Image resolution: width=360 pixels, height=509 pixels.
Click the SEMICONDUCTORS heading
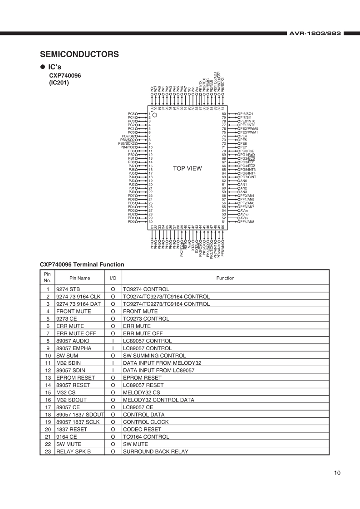[x=79, y=54]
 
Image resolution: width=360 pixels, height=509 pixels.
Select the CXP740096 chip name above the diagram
[x=65, y=75]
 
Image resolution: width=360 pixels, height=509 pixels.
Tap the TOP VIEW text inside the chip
[x=187, y=168]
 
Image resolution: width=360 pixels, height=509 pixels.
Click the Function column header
[x=225, y=278]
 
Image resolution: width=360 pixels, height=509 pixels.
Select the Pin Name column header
[x=79, y=278]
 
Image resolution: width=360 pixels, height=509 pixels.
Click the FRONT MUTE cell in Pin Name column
[x=74, y=311]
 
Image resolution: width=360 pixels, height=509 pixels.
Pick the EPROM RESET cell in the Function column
[x=142, y=377]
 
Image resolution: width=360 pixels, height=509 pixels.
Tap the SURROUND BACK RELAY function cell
[x=155, y=451]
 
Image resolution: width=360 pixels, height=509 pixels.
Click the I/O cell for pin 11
[x=112, y=363]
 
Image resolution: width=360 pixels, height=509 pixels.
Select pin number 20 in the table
[x=47, y=429]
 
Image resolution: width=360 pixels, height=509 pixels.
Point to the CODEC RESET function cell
[x=142, y=429]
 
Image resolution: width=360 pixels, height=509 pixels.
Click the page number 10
[x=337, y=473]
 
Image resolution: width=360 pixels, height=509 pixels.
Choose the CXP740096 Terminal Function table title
[x=82, y=264]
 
